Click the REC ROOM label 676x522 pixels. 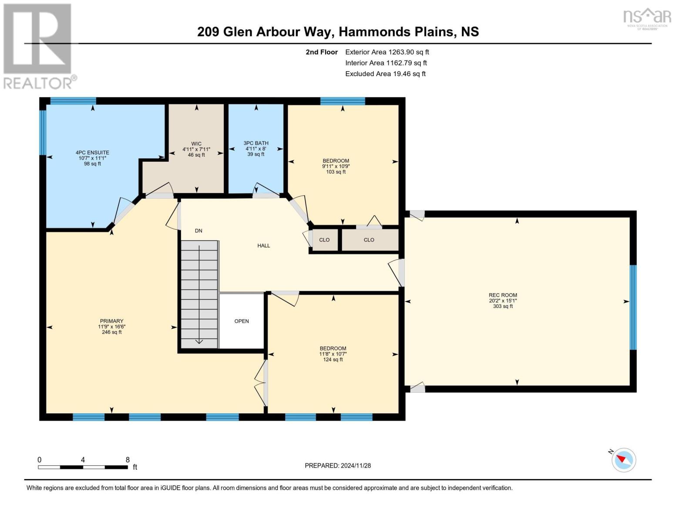tap(502, 295)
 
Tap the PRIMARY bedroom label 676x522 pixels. tap(111, 321)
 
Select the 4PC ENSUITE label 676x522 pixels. tap(92, 153)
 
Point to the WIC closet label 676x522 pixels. tap(196, 143)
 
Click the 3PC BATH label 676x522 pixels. tap(256, 143)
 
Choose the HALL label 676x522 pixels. tap(263, 246)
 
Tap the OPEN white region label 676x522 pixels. tap(242, 321)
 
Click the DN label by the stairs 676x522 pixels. tap(198, 231)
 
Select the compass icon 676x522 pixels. tap(624, 459)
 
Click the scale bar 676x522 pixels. tap(83, 467)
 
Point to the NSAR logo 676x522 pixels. tap(647, 17)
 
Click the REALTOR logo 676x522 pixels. tap(38, 46)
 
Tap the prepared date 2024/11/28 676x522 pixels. tap(338, 465)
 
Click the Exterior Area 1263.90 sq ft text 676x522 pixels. tap(387, 52)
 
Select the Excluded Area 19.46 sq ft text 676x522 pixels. tap(385, 74)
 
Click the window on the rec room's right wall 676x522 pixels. tap(633, 308)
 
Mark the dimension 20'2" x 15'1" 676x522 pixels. tap(502, 301)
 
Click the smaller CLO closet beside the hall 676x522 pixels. tap(324, 240)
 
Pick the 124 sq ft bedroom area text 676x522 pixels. tap(333, 360)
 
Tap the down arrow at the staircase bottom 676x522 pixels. tap(199, 341)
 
